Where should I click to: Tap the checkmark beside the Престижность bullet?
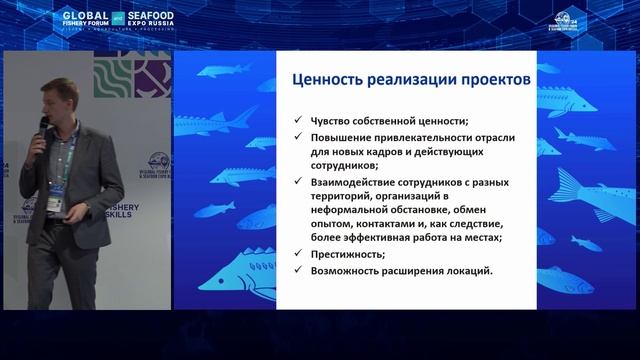tap(298, 255)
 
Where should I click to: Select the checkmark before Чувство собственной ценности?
tap(298, 118)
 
